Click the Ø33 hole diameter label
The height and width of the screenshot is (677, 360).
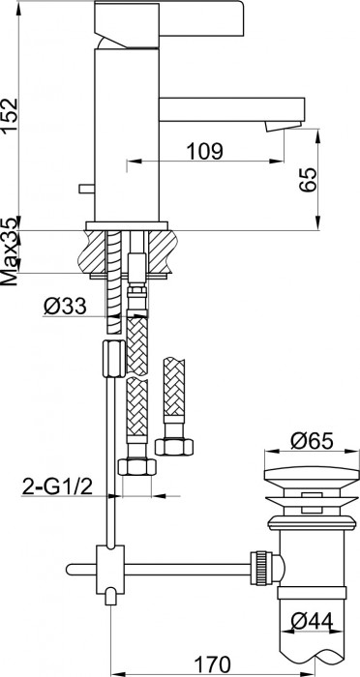pos(67,308)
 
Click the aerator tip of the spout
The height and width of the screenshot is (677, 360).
pos(288,127)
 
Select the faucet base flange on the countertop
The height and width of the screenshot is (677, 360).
pos(127,227)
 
